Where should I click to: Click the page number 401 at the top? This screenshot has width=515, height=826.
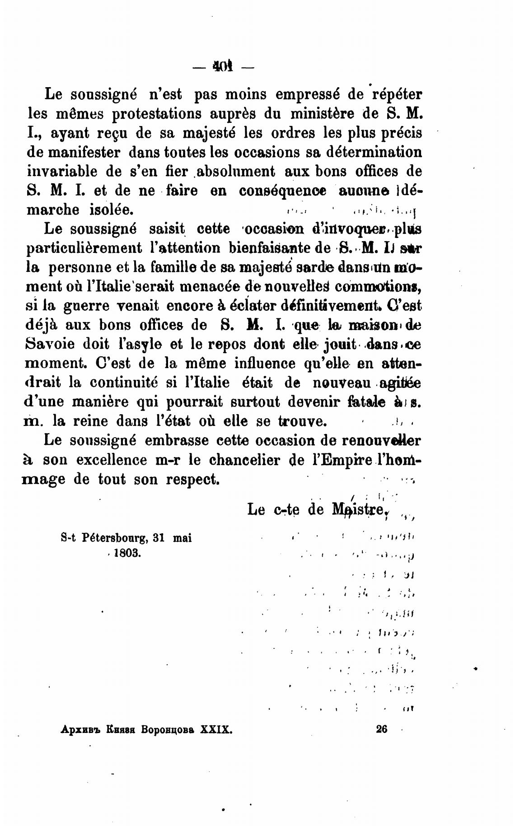(x=222, y=67)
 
